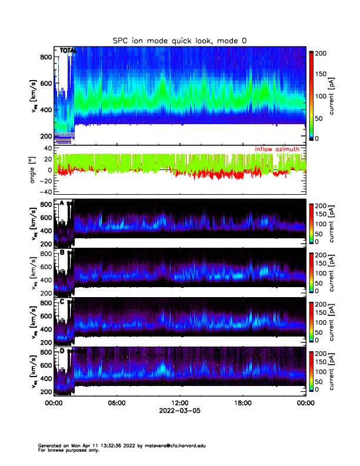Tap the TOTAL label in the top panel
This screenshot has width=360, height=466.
pyautogui.click(x=68, y=51)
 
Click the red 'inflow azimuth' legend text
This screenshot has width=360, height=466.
pyautogui.click(x=277, y=149)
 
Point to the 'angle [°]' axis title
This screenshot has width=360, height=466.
pyautogui.click(x=34, y=170)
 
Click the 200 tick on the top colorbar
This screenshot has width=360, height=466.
pyautogui.click(x=322, y=54)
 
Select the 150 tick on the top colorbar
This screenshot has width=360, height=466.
pyautogui.click(x=322, y=75)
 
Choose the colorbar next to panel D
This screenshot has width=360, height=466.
pyautogui.click(x=311, y=372)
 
